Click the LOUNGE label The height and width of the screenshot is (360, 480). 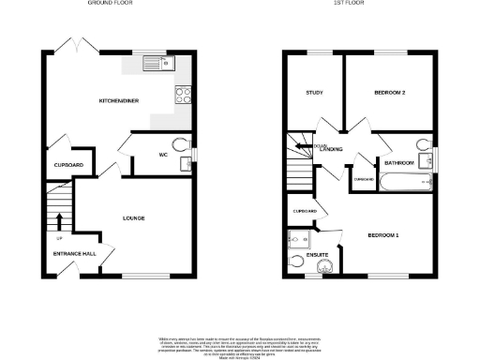[133, 217]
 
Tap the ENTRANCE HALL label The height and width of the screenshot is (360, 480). [73, 253]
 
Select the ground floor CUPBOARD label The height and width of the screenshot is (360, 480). [68, 165]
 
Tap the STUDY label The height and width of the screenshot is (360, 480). [315, 92]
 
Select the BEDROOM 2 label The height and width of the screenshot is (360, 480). [389, 92]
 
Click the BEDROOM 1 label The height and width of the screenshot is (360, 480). [383, 234]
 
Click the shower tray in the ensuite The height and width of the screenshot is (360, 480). [324, 269]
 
